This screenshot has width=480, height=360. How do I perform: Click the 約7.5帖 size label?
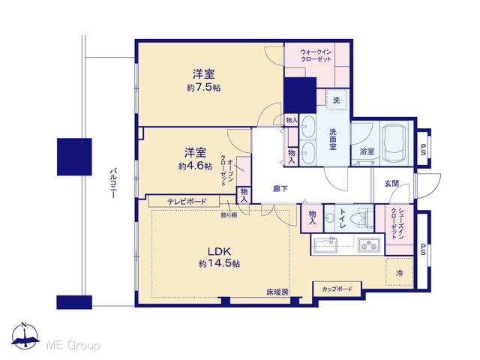tap(203, 88)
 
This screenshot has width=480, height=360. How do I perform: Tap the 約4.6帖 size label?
tap(195, 166)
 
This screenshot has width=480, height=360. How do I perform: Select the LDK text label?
tap(219, 252)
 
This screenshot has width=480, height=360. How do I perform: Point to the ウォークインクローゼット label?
tap(316, 55)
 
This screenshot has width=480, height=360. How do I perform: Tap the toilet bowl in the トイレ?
tap(358, 218)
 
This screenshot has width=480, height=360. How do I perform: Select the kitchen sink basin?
tap(325, 244)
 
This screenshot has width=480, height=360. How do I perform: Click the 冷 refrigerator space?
tap(399, 272)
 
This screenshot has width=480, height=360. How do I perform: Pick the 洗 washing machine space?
tap(337, 100)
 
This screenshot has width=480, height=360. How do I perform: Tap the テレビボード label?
tap(187, 202)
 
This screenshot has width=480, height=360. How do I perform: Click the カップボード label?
tap(337, 289)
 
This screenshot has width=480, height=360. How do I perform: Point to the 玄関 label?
tap(391, 184)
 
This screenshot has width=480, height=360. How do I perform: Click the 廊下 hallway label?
tap(280, 189)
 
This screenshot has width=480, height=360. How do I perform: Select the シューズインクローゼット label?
tap(397, 223)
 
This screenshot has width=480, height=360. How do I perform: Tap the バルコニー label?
tap(112, 183)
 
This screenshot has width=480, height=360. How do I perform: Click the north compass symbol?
tap(25, 336)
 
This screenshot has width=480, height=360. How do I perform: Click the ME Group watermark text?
tap(73, 345)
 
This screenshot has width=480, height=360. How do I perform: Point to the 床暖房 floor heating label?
tap(277, 292)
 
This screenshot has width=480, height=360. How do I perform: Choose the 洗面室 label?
tap(333, 139)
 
